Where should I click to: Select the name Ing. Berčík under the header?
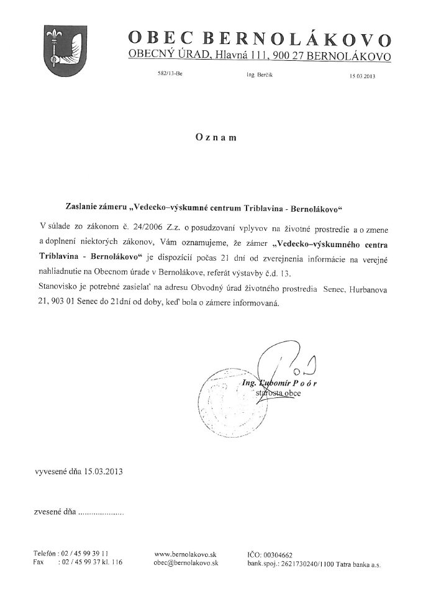pos(260,74)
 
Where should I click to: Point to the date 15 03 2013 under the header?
pos(363,76)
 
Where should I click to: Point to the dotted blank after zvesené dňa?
pos(102,513)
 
